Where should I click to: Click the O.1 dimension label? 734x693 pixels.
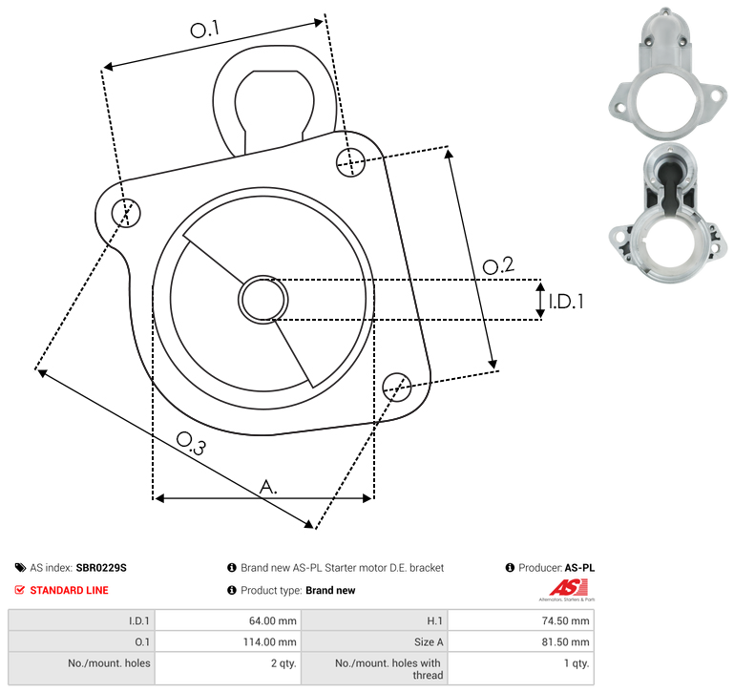tap(205, 30)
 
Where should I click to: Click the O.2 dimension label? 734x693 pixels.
tap(498, 265)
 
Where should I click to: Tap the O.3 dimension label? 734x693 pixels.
tap(191, 443)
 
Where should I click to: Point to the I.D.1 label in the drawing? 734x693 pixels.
tap(566, 302)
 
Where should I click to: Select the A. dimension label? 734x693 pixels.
tap(268, 487)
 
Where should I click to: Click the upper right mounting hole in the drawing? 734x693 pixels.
tap(350, 162)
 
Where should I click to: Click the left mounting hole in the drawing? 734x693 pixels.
tap(126, 213)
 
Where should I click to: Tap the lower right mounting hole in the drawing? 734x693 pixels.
tap(397, 387)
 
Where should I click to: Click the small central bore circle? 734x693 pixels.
tap(263, 300)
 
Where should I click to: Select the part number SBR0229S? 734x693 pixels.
tap(101, 568)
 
